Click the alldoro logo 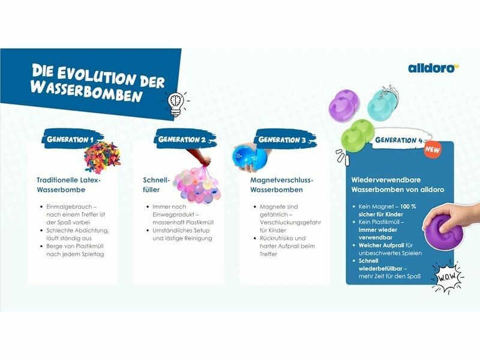433,68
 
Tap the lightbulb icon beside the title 176,104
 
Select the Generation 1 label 70,140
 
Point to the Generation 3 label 282,140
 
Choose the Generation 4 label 399,140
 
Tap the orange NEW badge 433,150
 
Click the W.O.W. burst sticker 446,277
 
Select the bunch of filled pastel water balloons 197,185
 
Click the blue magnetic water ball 250,157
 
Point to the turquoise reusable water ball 381,103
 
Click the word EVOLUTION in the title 95,75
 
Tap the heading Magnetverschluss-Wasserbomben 281,185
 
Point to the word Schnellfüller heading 156,185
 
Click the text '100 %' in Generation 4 408,206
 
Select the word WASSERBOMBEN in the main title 86,91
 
